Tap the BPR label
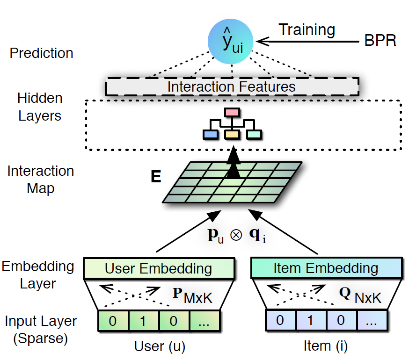[x=380, y=41]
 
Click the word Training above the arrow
[x=307, y=30]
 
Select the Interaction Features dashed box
[x=232, y=86]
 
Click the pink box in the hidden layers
[x=232, y=113]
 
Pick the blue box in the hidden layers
[x=211, y=135]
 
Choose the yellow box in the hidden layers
[x=232, y=135]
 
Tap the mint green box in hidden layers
[x=254, y=135]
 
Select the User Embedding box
[x=159, y=269]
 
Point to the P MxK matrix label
[x=192, y=295]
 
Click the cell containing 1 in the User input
[x=143, y=321]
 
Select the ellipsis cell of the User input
[x=204, y=321]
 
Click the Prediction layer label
[x=42, y=53]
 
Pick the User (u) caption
[x=159, y=346]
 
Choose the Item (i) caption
[x=326, y=346]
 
